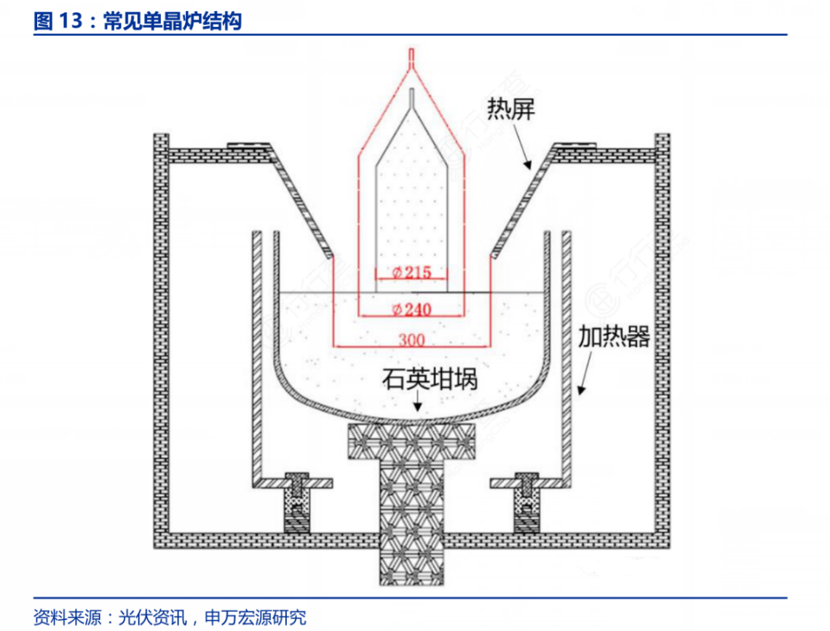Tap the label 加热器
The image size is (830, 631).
click(x=614, y=337)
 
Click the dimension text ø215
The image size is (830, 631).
click(x=412, y=273)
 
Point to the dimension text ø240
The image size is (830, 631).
click(x=411, y=309)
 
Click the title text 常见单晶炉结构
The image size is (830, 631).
click(x=172, y=22)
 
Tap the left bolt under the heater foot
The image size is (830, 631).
click(x=297, y=502)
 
